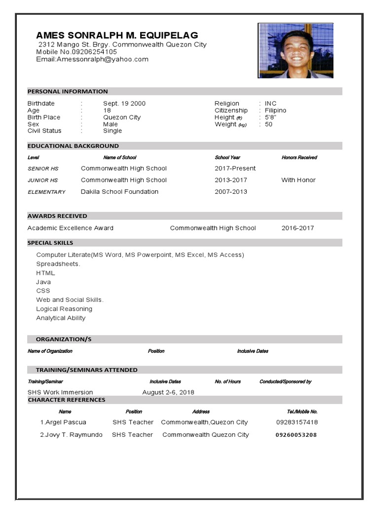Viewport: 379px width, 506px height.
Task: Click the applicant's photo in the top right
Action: click(x=296, y=50)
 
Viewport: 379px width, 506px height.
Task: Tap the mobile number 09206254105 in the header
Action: click(x=95, y=51)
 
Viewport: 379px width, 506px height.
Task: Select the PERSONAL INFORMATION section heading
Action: click(x=68, y=91)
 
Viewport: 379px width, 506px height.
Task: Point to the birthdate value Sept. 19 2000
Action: click(x=124, y=104)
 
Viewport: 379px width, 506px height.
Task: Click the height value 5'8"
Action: click(x=270, y=118)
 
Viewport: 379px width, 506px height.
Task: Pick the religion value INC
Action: click(x=270, y=104)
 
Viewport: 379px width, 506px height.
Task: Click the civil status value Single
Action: click(x=112, y=131)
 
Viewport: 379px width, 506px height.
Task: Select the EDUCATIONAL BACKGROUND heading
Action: click(x=73, y=146)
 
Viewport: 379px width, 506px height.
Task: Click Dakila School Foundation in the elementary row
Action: click(x=119, y=192)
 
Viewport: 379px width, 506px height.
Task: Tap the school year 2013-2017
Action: click(x=230, y=180)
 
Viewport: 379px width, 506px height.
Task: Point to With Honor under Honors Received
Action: click(x=298, y=180)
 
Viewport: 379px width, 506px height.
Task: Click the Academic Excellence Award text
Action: click(x=71, y=228)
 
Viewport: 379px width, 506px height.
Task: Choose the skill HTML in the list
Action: click(x=45, y=273)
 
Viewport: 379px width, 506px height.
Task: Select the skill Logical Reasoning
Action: click(x=64, y=309)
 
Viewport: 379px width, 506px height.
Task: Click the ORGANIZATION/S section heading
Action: click(x=63, y=339)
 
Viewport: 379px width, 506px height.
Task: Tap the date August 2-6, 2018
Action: click(x=168, y=392)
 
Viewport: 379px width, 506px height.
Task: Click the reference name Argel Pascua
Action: click(x=65, y=422)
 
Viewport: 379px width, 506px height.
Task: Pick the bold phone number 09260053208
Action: click(x=296, y=435)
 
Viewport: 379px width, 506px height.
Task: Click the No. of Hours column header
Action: click(x=227, y=382)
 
